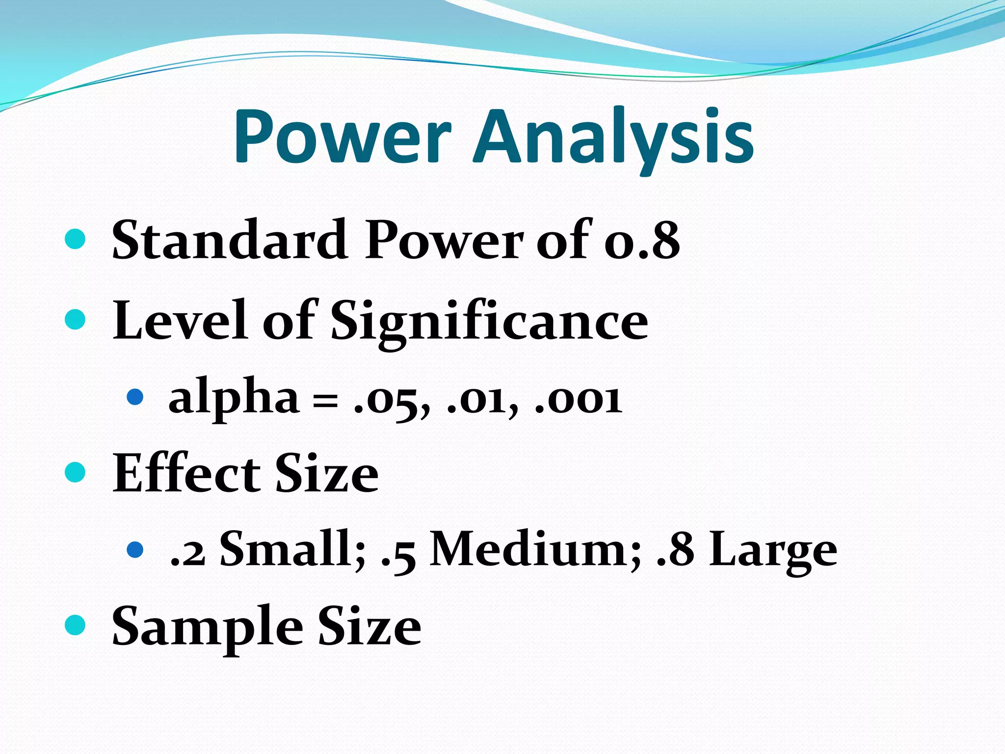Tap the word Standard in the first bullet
click(230, 240)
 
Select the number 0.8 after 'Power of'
click(642, 241)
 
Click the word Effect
click(186, 474)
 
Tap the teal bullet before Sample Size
click(75, 625)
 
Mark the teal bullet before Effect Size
click(75, 472)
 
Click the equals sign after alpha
click(325, 402)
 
